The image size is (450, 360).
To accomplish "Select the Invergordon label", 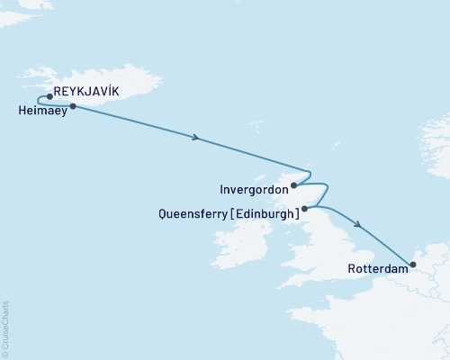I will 254,189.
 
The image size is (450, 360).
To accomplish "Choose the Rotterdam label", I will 374,267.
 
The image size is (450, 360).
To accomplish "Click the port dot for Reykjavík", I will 49,96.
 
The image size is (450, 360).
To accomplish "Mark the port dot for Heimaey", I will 72,106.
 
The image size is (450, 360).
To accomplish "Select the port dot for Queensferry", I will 305,209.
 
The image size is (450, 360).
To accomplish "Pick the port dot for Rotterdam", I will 412,265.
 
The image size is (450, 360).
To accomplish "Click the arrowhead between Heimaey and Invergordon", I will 194,138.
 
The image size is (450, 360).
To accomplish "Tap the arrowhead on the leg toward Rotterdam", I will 359,226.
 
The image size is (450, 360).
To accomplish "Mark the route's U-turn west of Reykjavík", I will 37,101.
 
